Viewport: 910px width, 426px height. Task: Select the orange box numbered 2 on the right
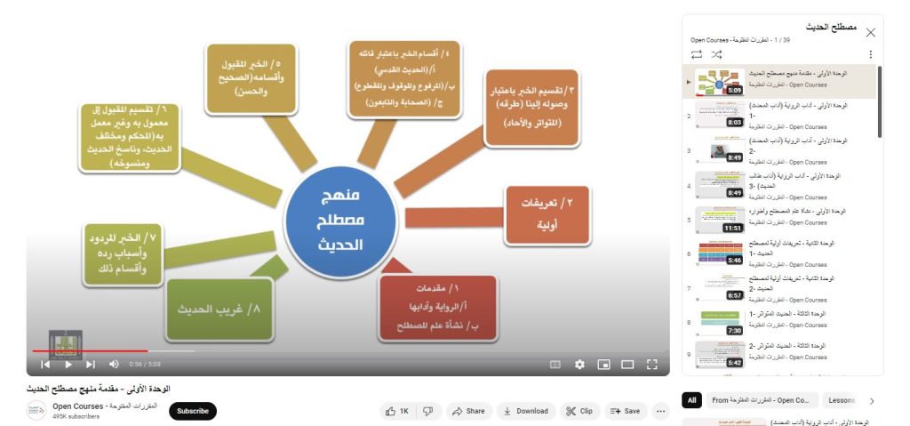pos(546,214)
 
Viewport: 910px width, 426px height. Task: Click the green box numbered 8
pos(219,309)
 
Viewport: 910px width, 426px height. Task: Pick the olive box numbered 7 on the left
pos(122,253)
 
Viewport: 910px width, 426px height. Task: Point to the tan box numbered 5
pos(251,78)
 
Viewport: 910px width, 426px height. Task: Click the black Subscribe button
pos(192,411)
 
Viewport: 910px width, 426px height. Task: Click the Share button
pos(467,411)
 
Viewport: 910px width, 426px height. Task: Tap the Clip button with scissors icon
pos(579,411)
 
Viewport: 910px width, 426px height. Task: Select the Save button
pos(626,411)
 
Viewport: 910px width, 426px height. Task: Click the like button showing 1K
pos(396,411)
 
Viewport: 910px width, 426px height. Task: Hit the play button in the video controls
pos(68,364)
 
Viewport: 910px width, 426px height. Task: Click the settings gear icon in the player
pos(579,364)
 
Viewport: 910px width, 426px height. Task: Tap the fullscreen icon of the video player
pos(651,364)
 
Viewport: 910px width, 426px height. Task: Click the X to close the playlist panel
pos(870,32)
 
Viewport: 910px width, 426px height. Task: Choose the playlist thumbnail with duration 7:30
pos(721,322)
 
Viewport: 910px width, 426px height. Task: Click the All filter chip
pos(692,400)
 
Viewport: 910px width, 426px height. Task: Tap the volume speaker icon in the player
pos(114,364)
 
